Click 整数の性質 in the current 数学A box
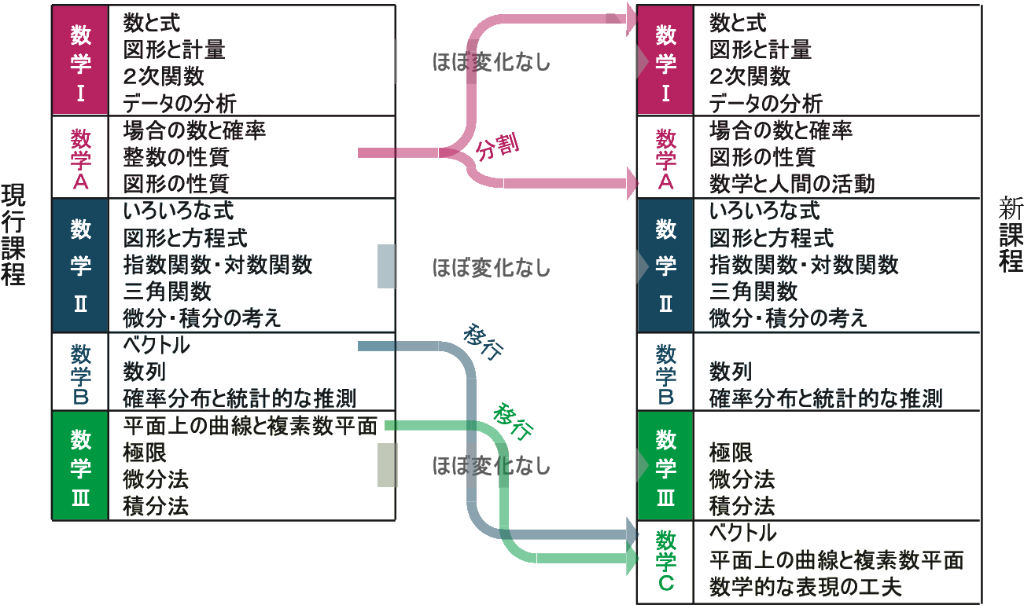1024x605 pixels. (x=175, y=156)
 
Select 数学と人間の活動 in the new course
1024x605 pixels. (x=791, y=184)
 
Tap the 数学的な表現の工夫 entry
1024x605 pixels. (x=805, y=587)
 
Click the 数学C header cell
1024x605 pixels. (x=665, y=561)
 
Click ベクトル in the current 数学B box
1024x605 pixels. (x=157, y=344)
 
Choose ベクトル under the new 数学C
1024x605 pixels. (x=742, y=533)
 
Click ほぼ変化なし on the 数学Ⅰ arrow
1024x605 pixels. (x=491, y=62)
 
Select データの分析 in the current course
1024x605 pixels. (x=179, y=103)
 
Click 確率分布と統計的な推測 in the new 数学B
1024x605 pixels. (x=826, y=398)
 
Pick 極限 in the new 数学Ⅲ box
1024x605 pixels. (x=731, y=452)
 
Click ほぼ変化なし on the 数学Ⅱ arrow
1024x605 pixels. (x=491, y=268)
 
